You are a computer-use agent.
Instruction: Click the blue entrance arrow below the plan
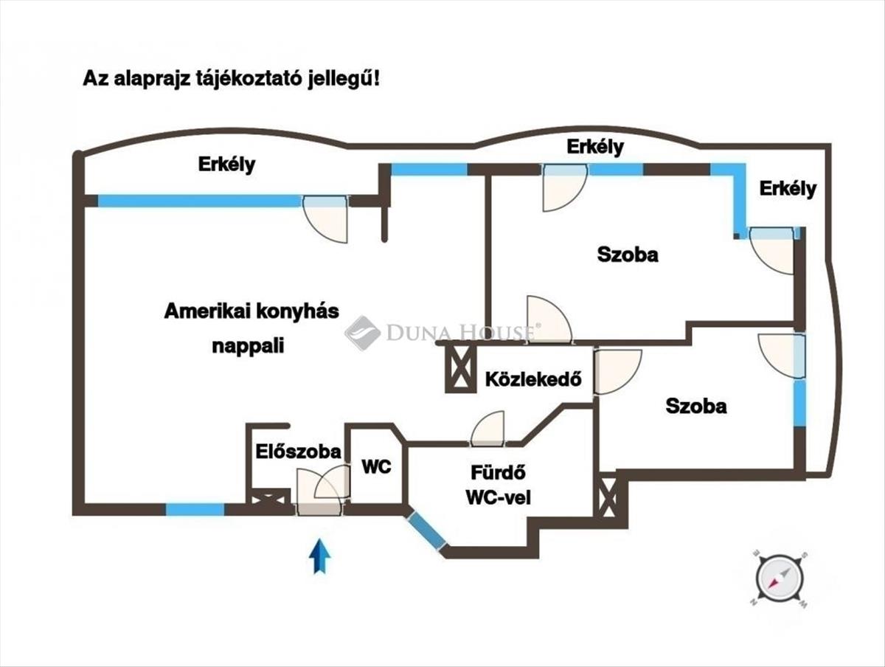click(x=319, y=556)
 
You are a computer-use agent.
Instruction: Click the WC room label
click(x=376, y=466)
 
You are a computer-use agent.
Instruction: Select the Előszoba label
click(x=298, y=451)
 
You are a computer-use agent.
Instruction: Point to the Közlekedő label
click(x=534, y=380)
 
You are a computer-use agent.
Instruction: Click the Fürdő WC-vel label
click(x=498, y=484)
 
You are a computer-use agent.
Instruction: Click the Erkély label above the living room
click(x=226, y=164)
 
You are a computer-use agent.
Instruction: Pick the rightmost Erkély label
click(x=788, y=188)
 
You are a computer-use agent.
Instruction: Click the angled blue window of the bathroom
click(x=427, y=531)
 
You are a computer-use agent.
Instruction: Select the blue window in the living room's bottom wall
click(x=195, y=508)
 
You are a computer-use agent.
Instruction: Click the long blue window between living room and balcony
click(x=199, y=201)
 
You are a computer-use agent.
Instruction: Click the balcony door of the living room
click(x=326, y=218)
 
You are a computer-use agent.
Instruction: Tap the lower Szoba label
click(x=696, y=405)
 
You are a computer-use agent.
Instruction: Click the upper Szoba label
click(x=628, y=255)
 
